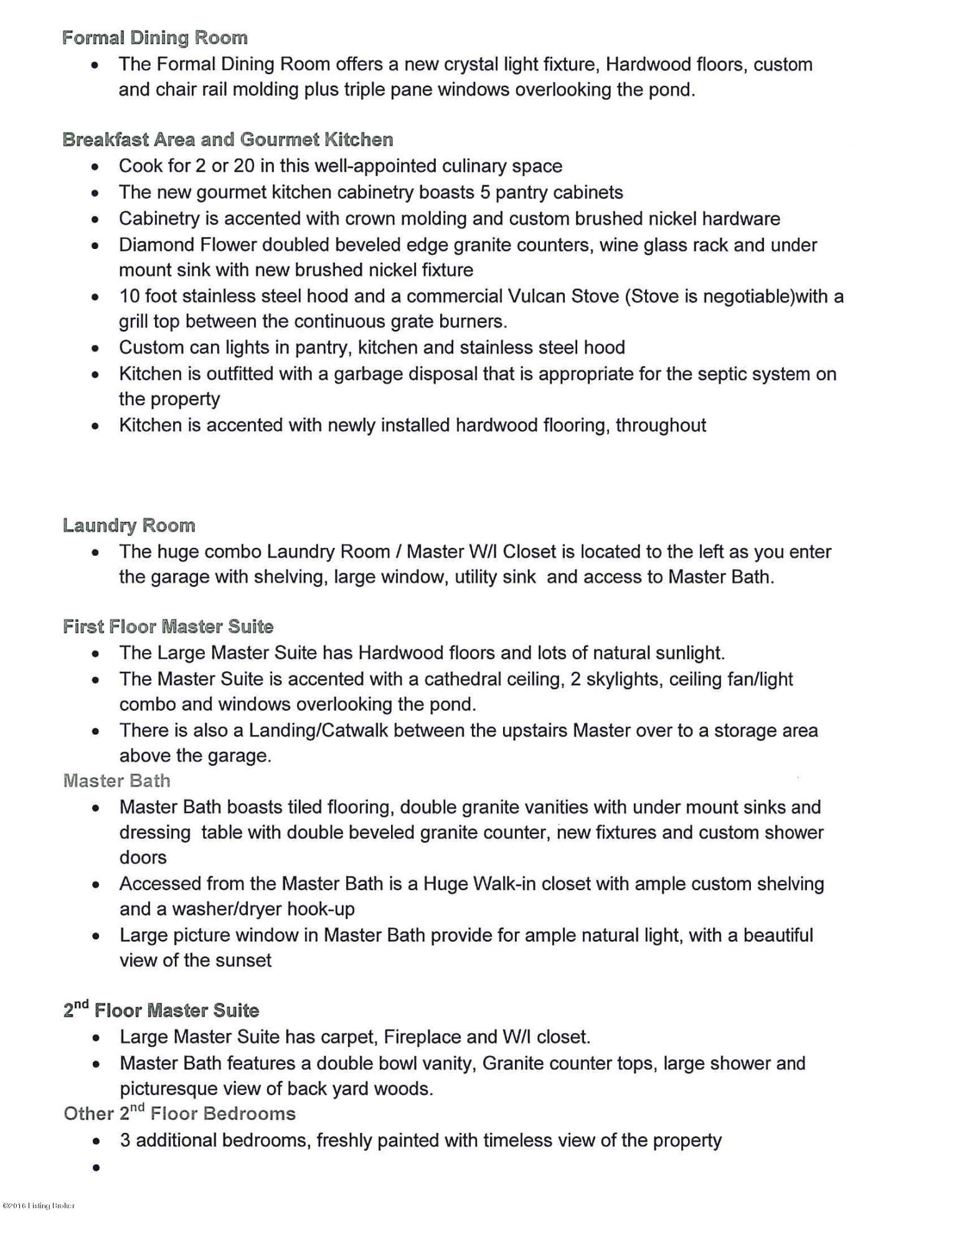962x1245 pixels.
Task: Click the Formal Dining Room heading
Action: [x=154, y=38]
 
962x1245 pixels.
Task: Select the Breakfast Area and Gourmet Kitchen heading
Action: [x=228, y=139]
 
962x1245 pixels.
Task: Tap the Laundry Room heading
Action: [x=129, y=525]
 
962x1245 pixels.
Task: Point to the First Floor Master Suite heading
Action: [x=168, y=626]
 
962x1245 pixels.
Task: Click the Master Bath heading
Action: [x=116, y=781]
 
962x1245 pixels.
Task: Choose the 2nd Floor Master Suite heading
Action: [x=161, y=1010]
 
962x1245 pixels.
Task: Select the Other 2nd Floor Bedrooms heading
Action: [x=179, y=1114]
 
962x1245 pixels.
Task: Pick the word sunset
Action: [x=240, y=961]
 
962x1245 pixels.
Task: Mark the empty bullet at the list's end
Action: [x=96, y=1168]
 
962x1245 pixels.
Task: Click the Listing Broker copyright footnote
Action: [x=39, y=1206]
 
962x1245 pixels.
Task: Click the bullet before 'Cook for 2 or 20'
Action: [x=95, y=167]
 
